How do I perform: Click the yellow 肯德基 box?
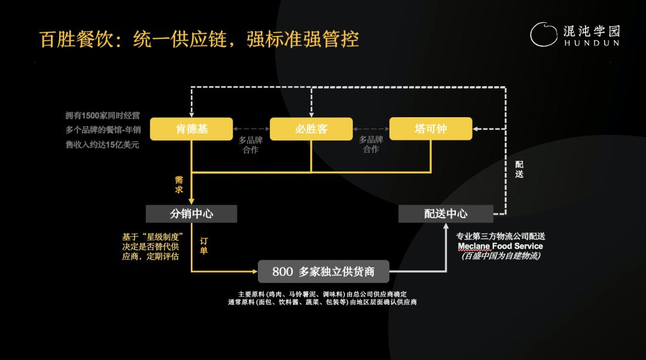[191, 129]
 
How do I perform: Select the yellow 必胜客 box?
[311, 129]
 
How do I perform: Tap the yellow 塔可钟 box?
[431, 129]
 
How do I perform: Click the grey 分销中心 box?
[191, 213]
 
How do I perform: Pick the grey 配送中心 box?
[446, 213]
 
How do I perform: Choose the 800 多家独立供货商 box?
[324, 271]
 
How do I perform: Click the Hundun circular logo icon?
[544, 34]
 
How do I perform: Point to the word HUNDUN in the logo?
[592, 43]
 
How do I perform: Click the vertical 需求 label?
[179, 185]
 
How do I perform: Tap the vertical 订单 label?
[204, 246]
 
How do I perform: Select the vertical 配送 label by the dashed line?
[519, 169]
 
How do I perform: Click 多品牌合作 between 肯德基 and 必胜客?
[251, 145]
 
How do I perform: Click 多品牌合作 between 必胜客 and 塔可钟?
[371, 145]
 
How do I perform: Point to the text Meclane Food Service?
[500, 246]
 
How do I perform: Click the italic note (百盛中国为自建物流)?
[500, 256]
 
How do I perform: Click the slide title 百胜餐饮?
[76, 39]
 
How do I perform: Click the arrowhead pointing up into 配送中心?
[446, 226]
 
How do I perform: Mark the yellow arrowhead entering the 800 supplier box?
[255, 271]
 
